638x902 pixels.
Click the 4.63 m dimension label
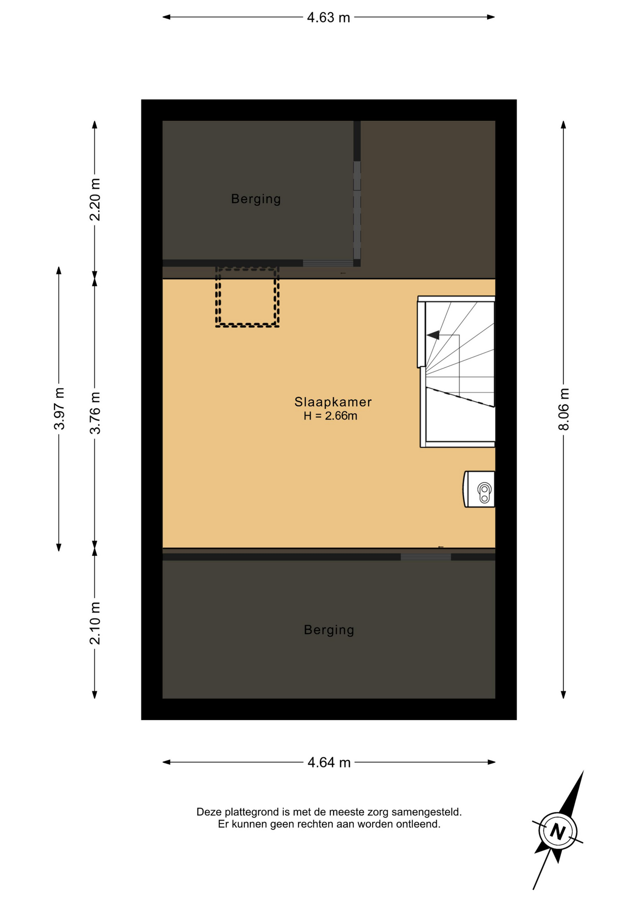click(x=328, y=17)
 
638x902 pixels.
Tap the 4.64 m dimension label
click(x=329, y=762)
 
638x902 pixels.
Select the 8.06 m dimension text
click(x=563, y=409)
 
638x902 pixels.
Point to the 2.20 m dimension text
click(x=95, y=200)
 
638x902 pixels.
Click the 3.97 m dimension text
click(x=59, y=409)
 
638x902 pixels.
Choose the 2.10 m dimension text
click(x=95, y=623)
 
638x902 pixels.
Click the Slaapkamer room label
click(x=333, y=402)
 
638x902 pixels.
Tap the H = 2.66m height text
click(x=330, y=416)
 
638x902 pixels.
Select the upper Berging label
click(x=256, y=199)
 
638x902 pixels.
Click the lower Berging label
click(x=329, y=630)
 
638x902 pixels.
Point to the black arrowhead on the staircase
click(x=433, y=335)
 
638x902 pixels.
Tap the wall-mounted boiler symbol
click(x=479, y=489)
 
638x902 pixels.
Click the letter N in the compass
click(x=558, y=832)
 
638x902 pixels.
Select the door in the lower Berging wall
click(x=426, y=557)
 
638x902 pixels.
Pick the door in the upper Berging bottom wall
click(x=328, y=263)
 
